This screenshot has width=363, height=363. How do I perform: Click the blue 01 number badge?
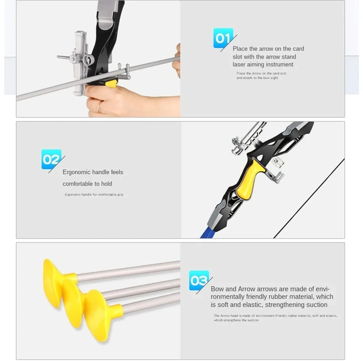pos(223,38)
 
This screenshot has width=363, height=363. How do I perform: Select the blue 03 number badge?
pos(199,280)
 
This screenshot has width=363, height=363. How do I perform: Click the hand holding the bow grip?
pos(109,100)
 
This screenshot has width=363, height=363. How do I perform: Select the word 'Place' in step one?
pos(241,48)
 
